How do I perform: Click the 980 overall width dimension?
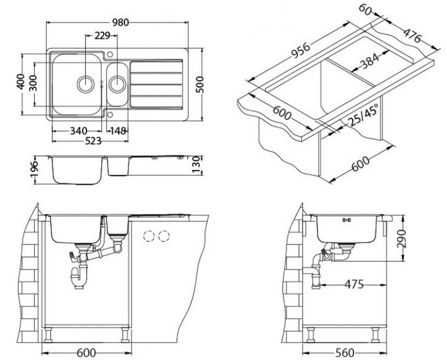pos(120,22)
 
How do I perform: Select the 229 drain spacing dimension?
pos(102,36)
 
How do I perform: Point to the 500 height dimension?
pos(200,85)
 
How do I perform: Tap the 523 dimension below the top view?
pos(93,141)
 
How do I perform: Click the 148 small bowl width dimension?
pos(118,131)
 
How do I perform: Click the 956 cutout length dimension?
pos(300,51)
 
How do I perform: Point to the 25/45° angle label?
pos(363,115)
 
